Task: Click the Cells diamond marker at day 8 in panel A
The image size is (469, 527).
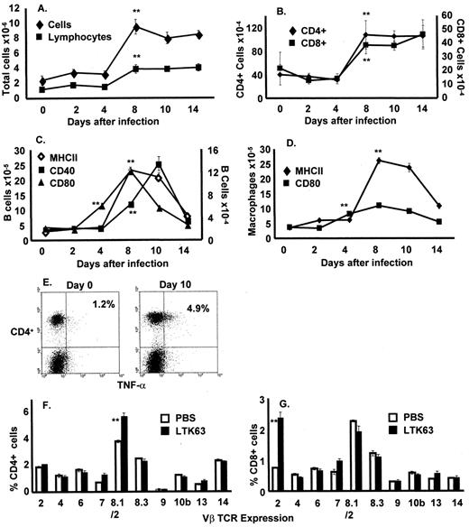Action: pos(135,27)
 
